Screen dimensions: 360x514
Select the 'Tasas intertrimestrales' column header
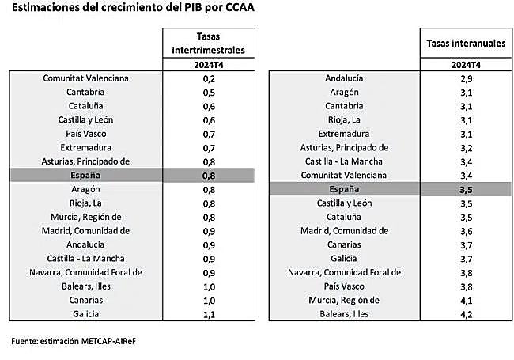[209, 43]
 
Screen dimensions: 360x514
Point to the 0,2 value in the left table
[210, 78]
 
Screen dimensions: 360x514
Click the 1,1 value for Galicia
[210, 313]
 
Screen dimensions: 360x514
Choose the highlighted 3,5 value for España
[466, 190]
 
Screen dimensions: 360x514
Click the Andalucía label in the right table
[344, 78]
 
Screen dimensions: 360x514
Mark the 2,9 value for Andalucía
[466, 78]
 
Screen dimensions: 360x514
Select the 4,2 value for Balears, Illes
[466, 313]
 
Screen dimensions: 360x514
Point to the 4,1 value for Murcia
[466, 300]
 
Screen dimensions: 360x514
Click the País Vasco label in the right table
[344, 286]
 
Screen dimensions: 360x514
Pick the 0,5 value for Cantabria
[210, 92]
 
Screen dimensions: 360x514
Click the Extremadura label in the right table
[344, 134]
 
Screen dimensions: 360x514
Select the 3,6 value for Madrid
[466, 231]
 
